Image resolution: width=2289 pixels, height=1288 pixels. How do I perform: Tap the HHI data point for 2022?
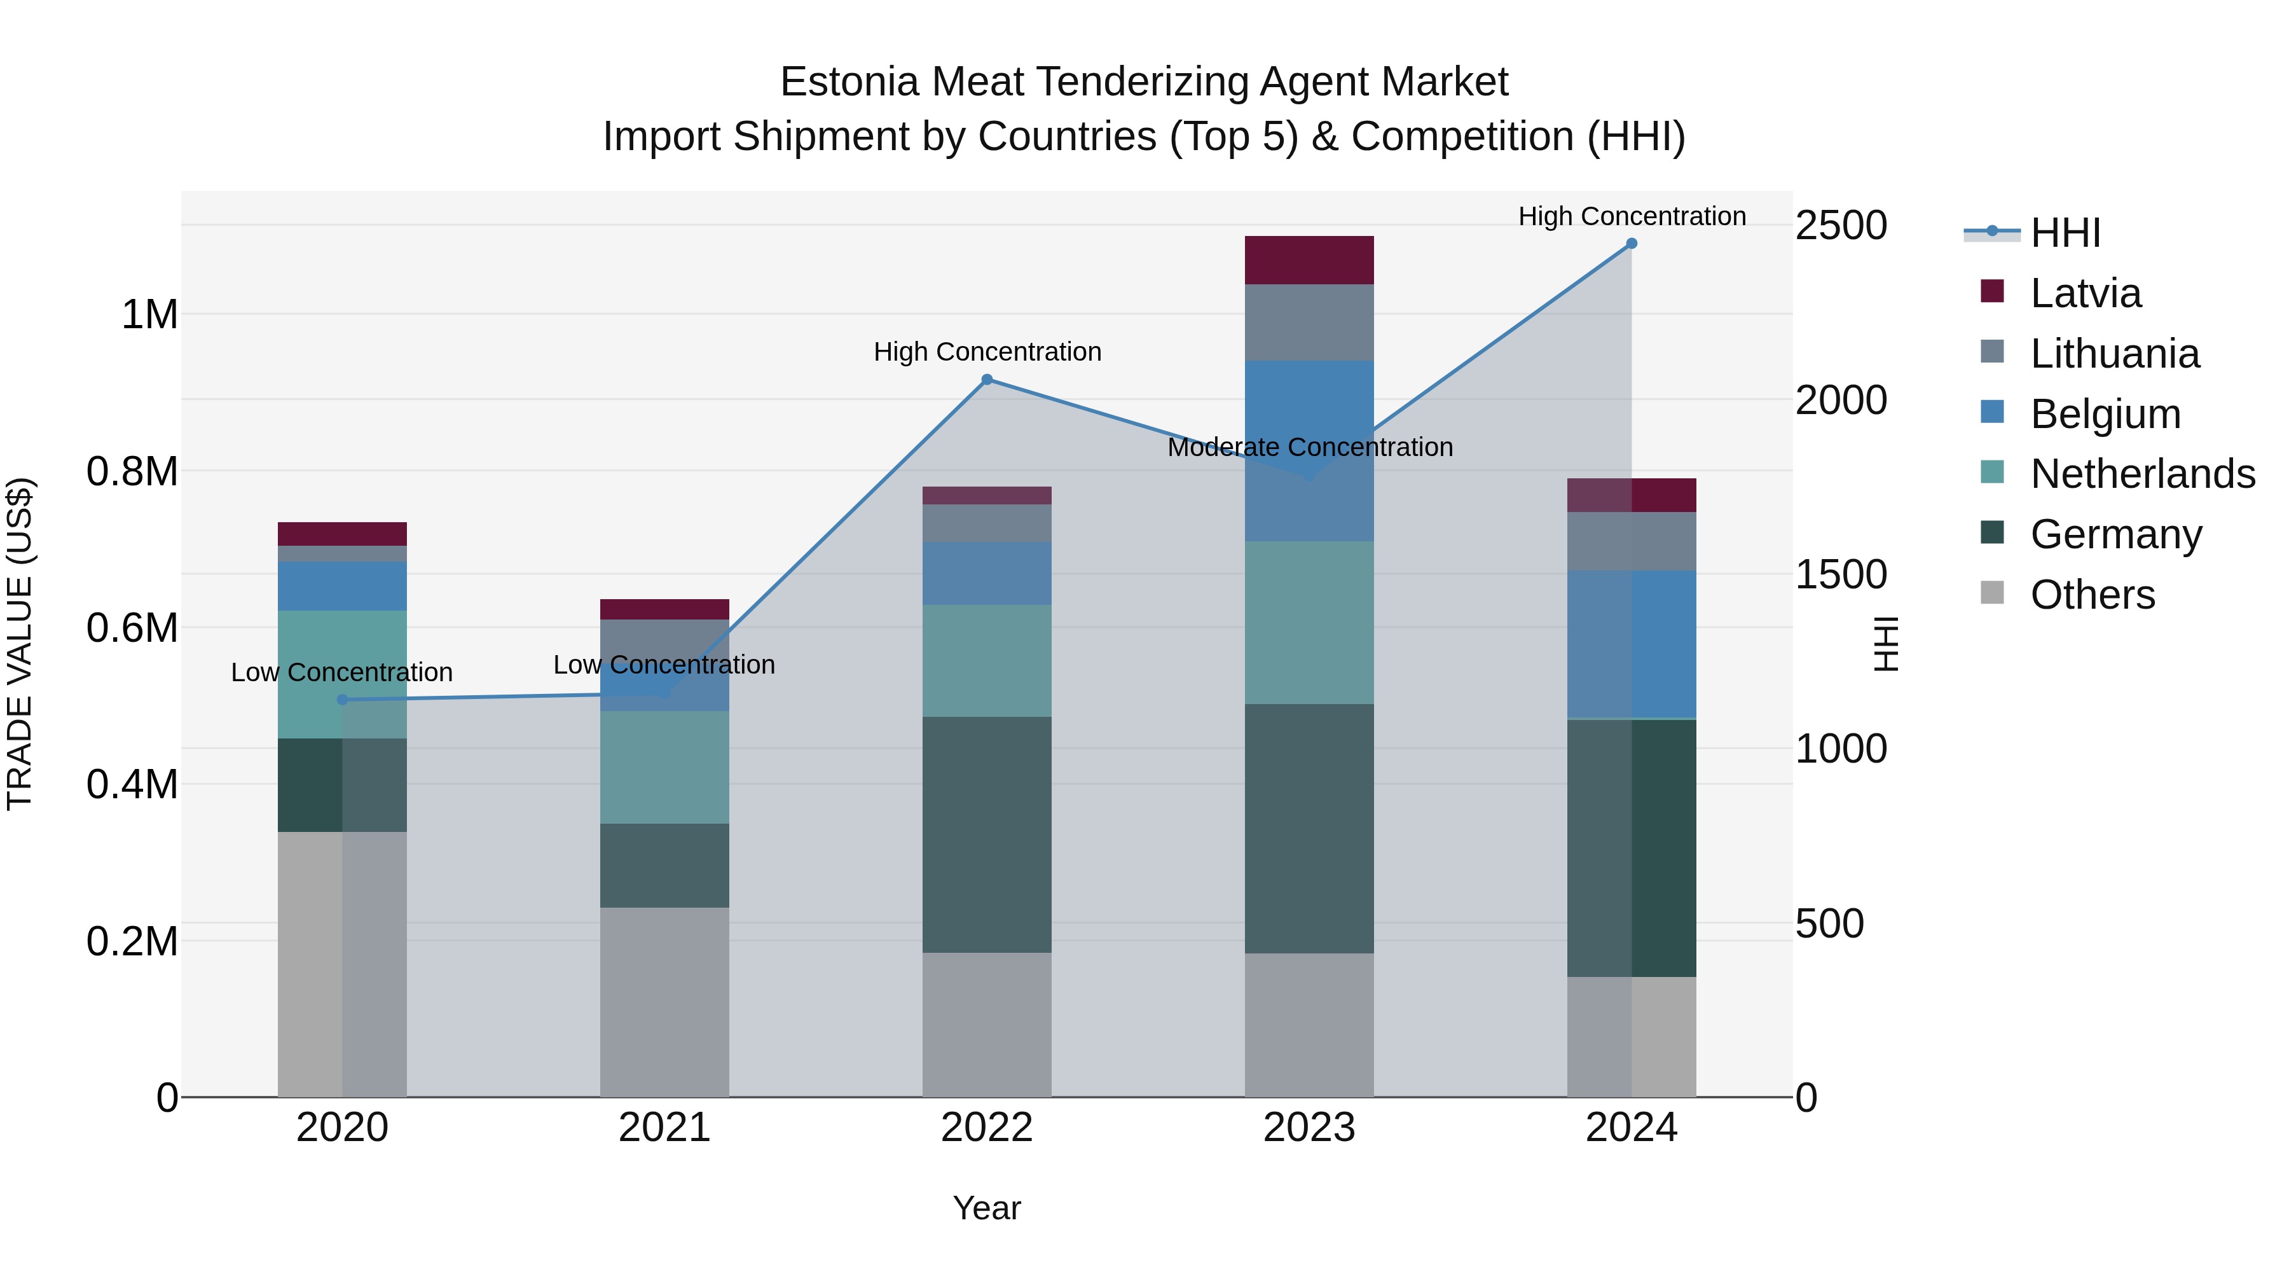coord(986,380)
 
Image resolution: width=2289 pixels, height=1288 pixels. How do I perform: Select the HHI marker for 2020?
coord(342,700)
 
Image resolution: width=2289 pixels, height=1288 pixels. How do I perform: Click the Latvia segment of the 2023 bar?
coord(1309,260)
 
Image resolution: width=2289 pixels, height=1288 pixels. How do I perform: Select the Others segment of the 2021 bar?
coord(664,1002)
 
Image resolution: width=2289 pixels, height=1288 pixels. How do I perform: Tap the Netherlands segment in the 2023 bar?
coord(1309,622)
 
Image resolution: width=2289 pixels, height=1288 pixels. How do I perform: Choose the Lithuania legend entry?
coord(2114,354)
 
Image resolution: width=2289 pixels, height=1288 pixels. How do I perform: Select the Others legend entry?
coord(2092,595)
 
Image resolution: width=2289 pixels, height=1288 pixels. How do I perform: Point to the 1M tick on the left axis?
coord(149,315)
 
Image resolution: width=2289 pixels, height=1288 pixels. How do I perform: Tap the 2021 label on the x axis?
coord(664,1128)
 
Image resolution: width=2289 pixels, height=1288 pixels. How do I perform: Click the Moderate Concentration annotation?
coord(1310,447)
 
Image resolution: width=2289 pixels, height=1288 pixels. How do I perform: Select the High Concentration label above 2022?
coord(987,352)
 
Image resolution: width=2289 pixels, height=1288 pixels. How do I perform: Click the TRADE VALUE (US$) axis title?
coord(20,644)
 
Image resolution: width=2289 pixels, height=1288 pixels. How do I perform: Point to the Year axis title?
coord(986,1208)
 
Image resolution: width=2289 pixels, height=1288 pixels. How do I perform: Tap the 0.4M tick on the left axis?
coord(132,784)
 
